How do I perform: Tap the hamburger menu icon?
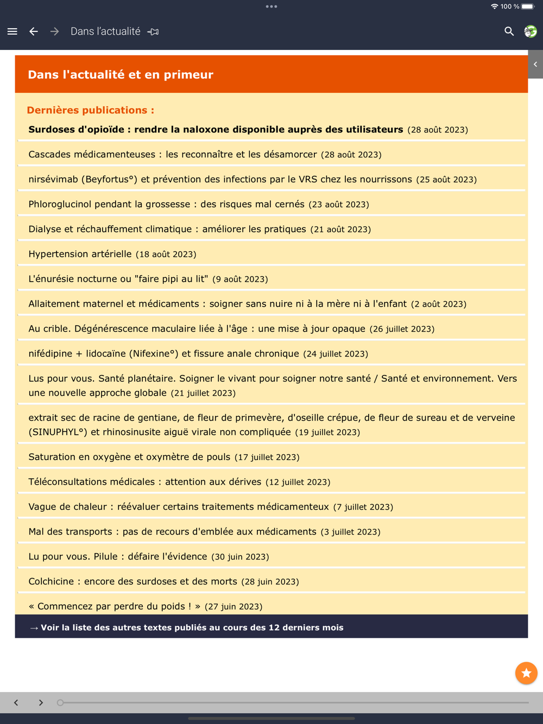(x=12, y=31)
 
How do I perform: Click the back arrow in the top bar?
(x=34, y=31)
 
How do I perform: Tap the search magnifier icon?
(x=509, y=31)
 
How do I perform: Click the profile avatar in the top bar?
(x=530, y=31)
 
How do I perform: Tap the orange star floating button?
(x=526, y=673)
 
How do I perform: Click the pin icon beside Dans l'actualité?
(x=153, y=32)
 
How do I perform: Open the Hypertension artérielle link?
(x=80, y=254)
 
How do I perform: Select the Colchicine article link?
(x=132, y=581)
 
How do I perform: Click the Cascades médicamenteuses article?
(x=172, y=155)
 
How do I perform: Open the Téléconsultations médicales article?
(x=144, y=482)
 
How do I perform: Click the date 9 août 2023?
(x=240, y=280)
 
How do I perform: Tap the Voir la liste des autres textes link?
(x=191, y=627)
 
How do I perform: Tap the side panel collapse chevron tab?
(x=535, y=64)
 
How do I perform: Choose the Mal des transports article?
(x=172, y=532)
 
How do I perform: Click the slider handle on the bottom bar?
(x=60, y=702)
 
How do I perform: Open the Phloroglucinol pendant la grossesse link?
(x=166, y=205)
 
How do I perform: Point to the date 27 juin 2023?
(x=233, y=607)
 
